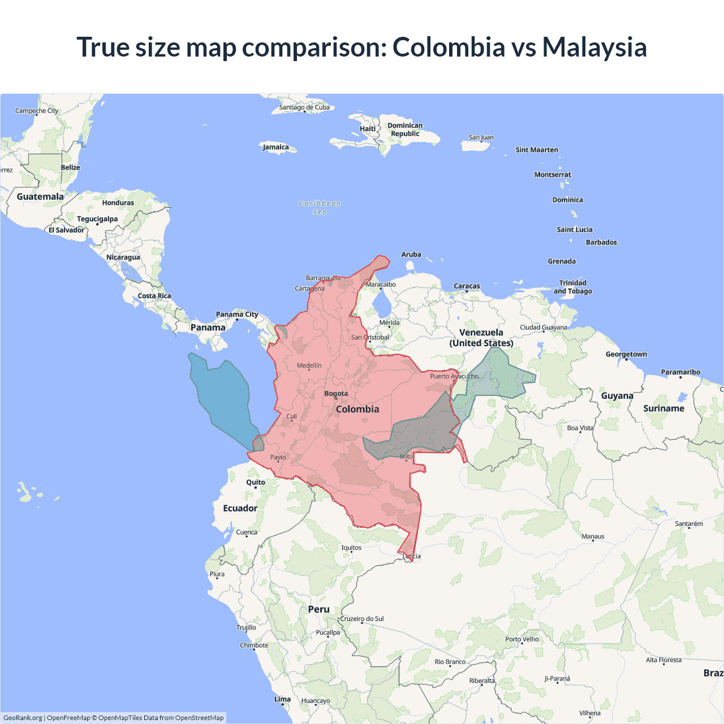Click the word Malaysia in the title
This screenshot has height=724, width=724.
click(594, 47)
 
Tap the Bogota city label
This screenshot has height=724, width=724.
click(336, 394)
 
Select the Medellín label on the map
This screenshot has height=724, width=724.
click(309, 365)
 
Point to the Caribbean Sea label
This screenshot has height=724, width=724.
click(320, 208)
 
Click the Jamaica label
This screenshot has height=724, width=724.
click(276, 147)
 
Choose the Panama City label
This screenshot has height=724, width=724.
click(237, 314)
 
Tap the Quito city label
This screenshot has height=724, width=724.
click(256, 482)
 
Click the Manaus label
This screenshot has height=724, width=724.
click(593, 536)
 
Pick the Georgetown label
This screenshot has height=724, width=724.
click(626, 354)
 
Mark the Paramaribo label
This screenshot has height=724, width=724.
click(680, 372)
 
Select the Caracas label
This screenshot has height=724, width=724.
click(467, 286)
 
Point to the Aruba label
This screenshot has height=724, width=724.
click(411, 255)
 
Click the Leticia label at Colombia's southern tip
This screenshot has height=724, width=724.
click(412, 556)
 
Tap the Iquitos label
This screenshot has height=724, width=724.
click(351, 548)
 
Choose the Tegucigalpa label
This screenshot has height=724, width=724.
click(97, 219)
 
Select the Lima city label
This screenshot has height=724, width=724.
click(282, 699)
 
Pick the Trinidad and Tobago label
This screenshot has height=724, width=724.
click(572, 287)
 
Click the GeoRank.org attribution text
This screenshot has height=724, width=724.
click(23, 718)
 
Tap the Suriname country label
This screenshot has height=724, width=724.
click(663, 408)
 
